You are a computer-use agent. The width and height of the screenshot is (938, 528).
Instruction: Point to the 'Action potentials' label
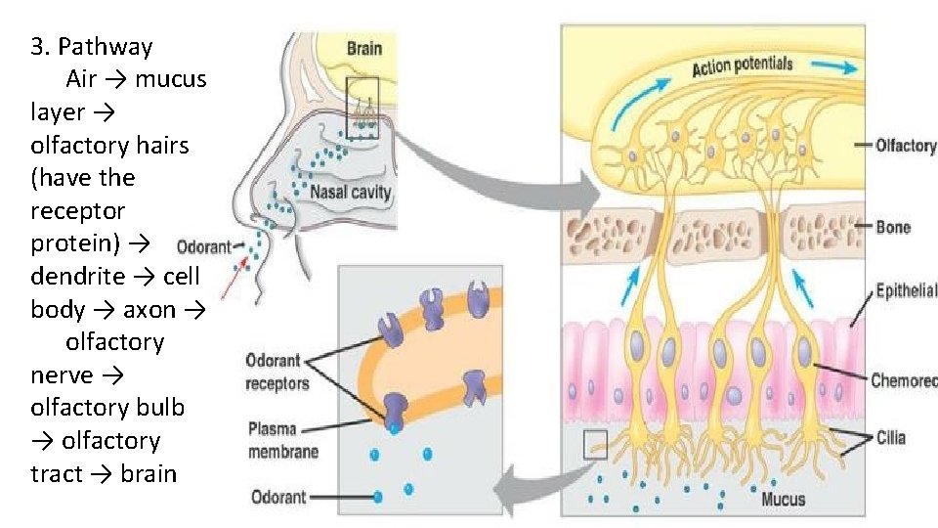click(742, 66)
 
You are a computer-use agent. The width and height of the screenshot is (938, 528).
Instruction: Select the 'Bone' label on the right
click(893, 227)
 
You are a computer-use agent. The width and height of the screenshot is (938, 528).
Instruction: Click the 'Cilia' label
click(890, 438)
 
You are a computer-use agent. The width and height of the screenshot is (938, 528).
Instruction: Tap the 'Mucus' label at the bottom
click(784, 499)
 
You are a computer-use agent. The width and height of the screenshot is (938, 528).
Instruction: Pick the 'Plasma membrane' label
click(282, 440)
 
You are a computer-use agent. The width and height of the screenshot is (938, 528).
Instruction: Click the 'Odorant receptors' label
click(277, 373)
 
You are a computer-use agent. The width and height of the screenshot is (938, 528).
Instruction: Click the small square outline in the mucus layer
click(595, 446)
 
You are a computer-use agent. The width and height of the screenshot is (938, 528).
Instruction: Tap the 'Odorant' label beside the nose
click(203, 247)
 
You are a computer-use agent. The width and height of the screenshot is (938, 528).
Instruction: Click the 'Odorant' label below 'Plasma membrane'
click(278, 497)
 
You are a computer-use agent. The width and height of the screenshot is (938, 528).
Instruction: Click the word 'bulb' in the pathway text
click(160, 408)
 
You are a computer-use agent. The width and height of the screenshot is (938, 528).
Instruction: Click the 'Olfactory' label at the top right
click(906, 146)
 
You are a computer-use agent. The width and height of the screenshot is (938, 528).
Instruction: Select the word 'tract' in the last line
click(55, 474)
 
